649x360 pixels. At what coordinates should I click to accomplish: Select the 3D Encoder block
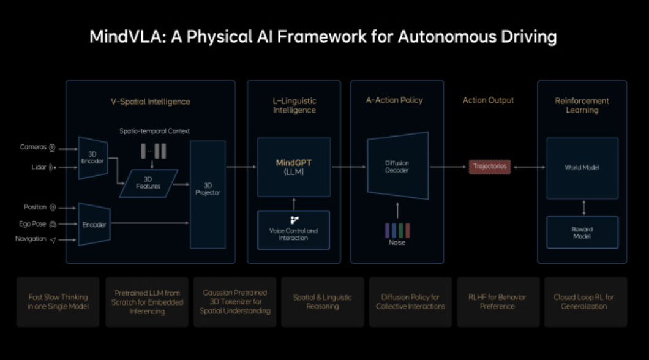pos(92,158)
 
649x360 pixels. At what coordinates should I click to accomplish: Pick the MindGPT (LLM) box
pos(294,167)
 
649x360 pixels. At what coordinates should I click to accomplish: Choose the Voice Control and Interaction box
pos(294,230)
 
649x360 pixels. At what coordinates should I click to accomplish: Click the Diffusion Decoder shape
pos(397,166)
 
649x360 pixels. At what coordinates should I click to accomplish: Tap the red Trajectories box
pos(489,167)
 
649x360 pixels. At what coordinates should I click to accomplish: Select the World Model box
pos(581,167)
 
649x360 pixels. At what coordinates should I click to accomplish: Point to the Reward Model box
pos(581,232)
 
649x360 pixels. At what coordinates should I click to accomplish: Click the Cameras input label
pos(33,148)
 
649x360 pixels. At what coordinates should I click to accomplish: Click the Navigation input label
pos(31,239)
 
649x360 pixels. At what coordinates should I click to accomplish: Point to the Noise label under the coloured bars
pos(396,242)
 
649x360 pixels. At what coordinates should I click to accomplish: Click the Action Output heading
pos(488,100)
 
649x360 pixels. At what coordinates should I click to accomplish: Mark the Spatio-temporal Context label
pos(154,132)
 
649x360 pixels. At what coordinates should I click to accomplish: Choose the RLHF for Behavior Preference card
pos(497,302)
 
